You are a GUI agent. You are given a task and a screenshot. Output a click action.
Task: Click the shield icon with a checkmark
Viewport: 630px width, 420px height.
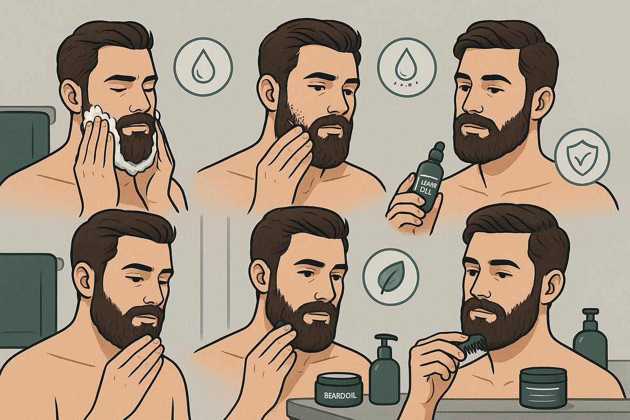pos(582,156)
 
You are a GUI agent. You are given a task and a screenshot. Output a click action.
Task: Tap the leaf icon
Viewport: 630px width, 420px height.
pos(391,277)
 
